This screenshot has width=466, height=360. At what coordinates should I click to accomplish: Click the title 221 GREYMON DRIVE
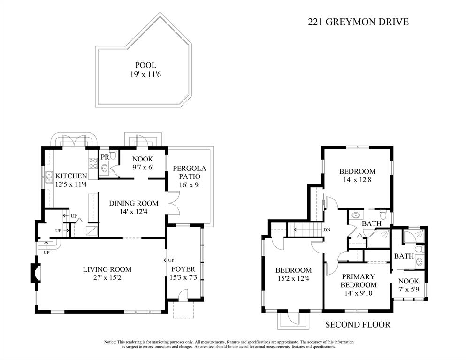358,22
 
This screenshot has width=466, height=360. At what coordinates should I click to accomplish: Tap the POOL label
145,65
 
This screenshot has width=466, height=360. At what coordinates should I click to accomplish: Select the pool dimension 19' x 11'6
145,74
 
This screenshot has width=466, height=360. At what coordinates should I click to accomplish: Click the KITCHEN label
71,176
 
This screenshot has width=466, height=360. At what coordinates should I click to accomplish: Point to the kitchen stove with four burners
93,164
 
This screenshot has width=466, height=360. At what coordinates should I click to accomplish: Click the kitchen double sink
49,177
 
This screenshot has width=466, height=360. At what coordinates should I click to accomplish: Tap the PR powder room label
105,157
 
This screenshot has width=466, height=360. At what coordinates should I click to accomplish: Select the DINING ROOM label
134,203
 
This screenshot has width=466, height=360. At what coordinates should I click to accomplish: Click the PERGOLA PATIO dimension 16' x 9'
189,184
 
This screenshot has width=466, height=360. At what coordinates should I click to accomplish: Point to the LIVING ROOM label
107,269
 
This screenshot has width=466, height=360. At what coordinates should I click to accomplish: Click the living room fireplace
35,273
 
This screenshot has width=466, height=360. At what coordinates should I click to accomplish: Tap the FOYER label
183,269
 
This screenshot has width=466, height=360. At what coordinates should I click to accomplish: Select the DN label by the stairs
327,230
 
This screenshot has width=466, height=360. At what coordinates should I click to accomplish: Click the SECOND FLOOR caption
358,324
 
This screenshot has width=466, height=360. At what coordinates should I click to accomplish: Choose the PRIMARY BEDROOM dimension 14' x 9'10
359,293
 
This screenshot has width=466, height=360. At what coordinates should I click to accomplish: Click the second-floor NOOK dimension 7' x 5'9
409,289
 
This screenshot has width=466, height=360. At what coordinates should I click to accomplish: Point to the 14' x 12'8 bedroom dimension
357,180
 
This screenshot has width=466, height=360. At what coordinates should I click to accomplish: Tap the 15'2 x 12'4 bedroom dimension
294,279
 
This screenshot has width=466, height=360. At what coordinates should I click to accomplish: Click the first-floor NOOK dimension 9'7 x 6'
143,168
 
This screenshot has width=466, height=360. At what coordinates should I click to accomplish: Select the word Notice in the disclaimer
110,342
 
